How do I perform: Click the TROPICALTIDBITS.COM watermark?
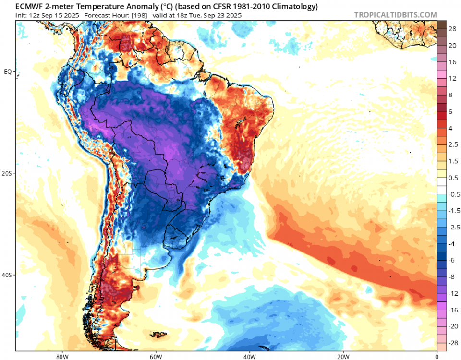click(395, 15)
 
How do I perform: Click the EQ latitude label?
click(8, 72)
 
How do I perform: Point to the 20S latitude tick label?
click(8, 173)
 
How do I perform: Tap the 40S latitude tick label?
click(8, 275)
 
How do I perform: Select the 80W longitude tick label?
click(61, 357)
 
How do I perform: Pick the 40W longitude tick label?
click(249, 357)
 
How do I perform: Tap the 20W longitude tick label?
click(343, 357)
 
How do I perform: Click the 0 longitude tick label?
click(437, 357)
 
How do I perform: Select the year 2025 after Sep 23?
click(234, 15)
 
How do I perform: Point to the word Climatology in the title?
click(295, 6)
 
